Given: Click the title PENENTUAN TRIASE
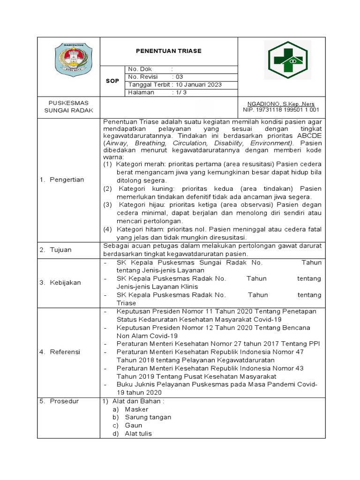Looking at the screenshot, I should [168, 51].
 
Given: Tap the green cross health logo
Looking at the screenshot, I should [285, 60].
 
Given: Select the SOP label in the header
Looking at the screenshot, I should [112, 81].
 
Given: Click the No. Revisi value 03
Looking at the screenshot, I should [180, 77].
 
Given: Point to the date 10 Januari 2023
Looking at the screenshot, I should [199, 85].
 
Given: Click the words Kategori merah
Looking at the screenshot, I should [138, 164].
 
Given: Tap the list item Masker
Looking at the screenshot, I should [136, 409].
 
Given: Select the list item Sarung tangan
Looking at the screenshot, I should [148, 417].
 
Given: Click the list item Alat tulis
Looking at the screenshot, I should [138, 434].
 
